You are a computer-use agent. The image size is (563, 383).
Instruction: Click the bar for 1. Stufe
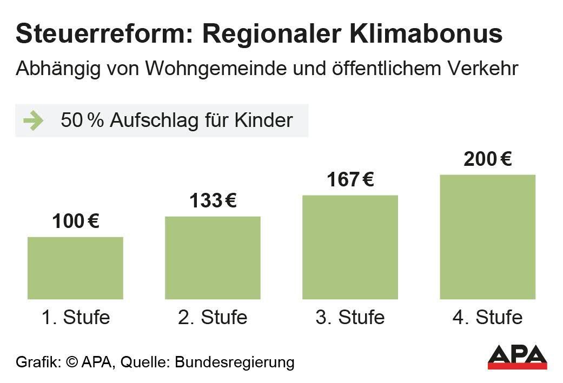click(x=75, y=268)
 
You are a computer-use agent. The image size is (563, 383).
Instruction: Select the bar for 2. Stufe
click(x=213, y=258)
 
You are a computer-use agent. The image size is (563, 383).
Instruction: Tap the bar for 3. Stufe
click(x=350, y=247)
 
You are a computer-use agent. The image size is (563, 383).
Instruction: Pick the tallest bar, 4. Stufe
click(x=487, y=237)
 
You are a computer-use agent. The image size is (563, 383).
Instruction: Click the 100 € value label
click(x=76, y=221)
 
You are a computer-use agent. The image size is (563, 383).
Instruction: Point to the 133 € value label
click(x=213, y=201)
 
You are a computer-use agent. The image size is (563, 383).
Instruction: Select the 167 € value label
click(x=350, y=179)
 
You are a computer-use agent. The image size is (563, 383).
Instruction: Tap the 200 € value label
click(x=487, y=159)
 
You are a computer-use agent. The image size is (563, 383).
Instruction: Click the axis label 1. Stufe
click(x=75, y=317)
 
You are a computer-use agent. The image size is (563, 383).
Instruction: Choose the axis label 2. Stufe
click(x=213, y=317)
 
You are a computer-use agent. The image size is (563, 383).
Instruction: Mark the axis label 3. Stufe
click(x=350, y=317)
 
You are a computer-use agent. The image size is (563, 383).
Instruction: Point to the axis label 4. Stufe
click(x=487, y=317)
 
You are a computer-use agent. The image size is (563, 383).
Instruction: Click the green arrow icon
click(x=34, y=120)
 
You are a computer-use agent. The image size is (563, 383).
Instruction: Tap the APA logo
click(x=517, y=356)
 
